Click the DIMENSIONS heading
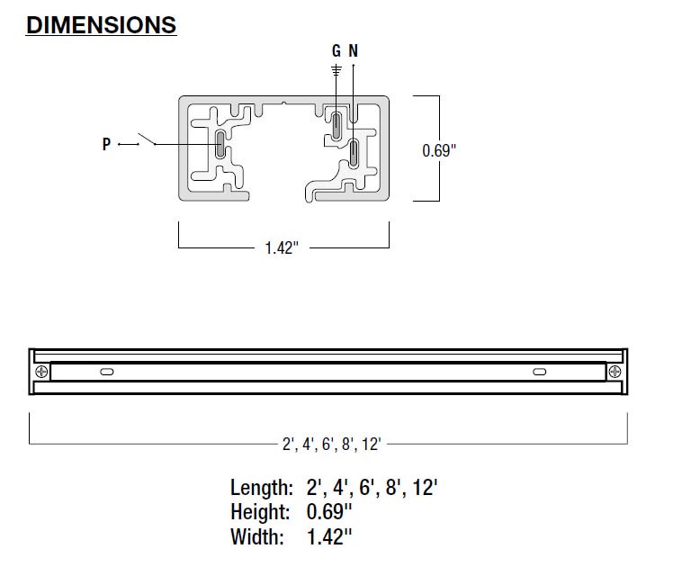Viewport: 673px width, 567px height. pyautogui.click(x=102, y=25)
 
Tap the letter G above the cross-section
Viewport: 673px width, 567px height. pyautogui.click(x=336, y=50)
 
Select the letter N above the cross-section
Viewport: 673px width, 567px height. pyautogui.click(x=354, y=50)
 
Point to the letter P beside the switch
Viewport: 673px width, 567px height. pyautogui.click(x=106, y=144)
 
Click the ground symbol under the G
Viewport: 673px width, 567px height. pyautogui.click(x=336, y=70)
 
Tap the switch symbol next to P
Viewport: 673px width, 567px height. pyautogui.click(x=147, y=139)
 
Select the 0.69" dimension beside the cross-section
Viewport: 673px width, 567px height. pyautogui.click(x=439, y=150)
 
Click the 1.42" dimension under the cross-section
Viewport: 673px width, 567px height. pyautogui.click(x=282, y=247)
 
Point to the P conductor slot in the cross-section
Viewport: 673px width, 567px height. pyautogui.click(x=220, y=144)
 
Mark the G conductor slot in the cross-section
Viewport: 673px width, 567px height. pyautogui.click(x=336, y=124)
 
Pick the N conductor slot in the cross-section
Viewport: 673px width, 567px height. pyautogui.click(x=354, y=152)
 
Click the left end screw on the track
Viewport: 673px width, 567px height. pyautogui.click(x=41, y=372)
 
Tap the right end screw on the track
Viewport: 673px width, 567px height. pyautogui.click(x=615, y=372)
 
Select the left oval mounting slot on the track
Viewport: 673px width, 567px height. pyautogui.click(x=107, y=372)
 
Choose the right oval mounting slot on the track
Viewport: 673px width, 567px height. pyautogui.click(x=540, y=372)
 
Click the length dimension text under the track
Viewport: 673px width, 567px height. pyautogui.click(x=331, y=444)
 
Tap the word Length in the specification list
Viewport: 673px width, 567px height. pyautogui.click(x=262, y=488)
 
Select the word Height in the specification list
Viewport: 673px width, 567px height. pyautogui.click(x=260, y=512)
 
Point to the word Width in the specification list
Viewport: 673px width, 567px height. pyautogui.click(x=257, y=536)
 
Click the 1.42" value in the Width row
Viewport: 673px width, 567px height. pyautogui.click(x=329, y=536)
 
